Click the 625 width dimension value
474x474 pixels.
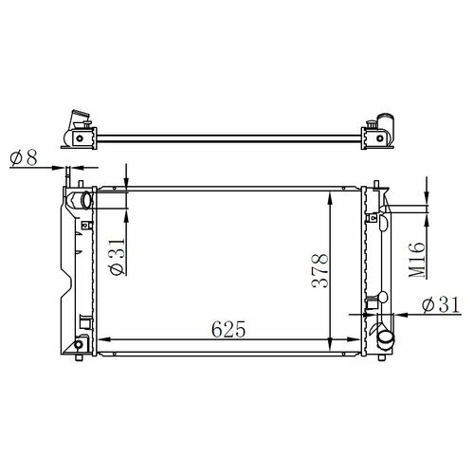pos(228,329)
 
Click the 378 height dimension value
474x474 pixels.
pos(319,271)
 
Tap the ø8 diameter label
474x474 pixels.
pos(24,157)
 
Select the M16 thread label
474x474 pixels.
pos(416,260)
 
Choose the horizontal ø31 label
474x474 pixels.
pos(441,305)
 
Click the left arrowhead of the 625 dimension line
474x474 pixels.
pos(104,339)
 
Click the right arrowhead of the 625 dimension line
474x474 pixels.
pos(354,339)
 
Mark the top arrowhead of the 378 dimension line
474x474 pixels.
pos(330,198)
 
